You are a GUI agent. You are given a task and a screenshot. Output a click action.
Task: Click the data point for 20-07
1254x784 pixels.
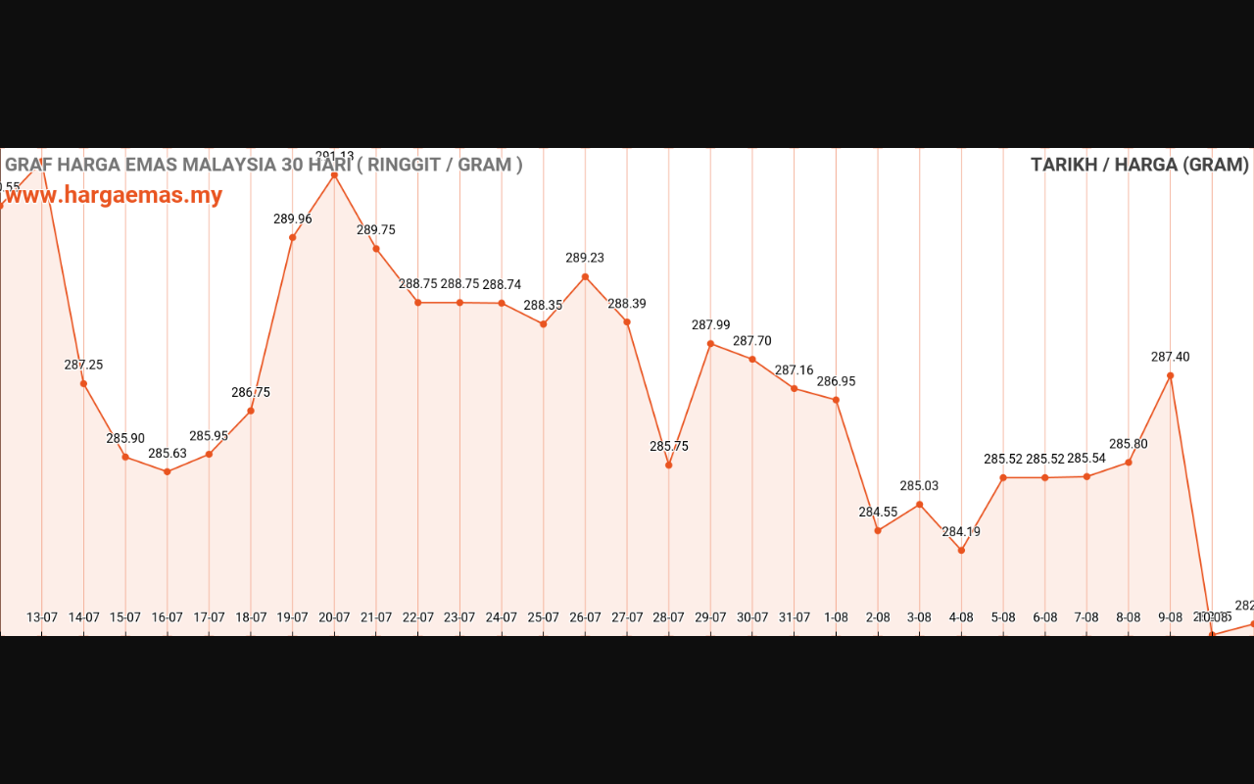pyautogui.click(x=334, y=175)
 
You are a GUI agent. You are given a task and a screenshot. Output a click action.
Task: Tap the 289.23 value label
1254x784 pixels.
pyautogui.click(x=585, y=258)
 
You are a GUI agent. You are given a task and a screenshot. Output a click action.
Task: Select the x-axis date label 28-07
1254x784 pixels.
pyautogui.click(x=668, y=617)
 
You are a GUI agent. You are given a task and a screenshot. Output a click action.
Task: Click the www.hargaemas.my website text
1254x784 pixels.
pyautogui.click(x=114, y=195)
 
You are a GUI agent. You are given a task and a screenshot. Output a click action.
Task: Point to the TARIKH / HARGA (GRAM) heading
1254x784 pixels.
pyautogui.click(x=1139, y=165)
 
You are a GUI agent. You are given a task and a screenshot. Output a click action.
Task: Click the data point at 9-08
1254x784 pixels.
pyautogui.click(x=1170, y=375)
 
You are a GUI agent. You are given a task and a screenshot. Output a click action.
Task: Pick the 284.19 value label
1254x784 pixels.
pyautogui.click(x=961, y=532)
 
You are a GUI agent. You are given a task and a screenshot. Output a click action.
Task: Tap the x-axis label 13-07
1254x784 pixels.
pyautogui.click(x=42, y=617)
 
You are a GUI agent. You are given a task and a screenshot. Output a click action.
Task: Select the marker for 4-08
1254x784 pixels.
pyautogui.click(x=961, y=550)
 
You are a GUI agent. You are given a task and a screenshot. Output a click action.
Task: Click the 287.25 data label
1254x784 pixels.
pyautogui.click(x=84, y=365)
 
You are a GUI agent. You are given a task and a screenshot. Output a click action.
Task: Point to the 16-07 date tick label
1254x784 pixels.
pyautogui.click(x=167, y=617)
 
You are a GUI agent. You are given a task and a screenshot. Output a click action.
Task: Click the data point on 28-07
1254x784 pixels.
pyautogui.click(x=668, y=465)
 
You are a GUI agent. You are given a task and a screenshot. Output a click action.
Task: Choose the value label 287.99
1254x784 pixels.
pyautogui.click(x=710, y=324)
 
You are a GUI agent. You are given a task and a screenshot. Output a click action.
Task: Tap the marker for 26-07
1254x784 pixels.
pyautogui.click(x=585, y=276)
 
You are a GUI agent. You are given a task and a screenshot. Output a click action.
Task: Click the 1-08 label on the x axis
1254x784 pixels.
pyautogui.click(x=836, y=617)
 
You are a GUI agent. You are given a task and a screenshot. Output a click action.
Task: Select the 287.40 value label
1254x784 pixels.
pyautogui.click(x=1170, y=357)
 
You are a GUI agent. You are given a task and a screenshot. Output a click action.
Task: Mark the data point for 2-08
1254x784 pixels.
pyautogui.click(x=878, y=530)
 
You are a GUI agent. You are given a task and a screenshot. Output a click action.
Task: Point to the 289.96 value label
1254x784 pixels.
pyautogui.click(x=293, y=219)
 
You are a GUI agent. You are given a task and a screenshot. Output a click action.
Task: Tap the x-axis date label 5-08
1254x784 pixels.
pyautogui.click(x=1003, y=617)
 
